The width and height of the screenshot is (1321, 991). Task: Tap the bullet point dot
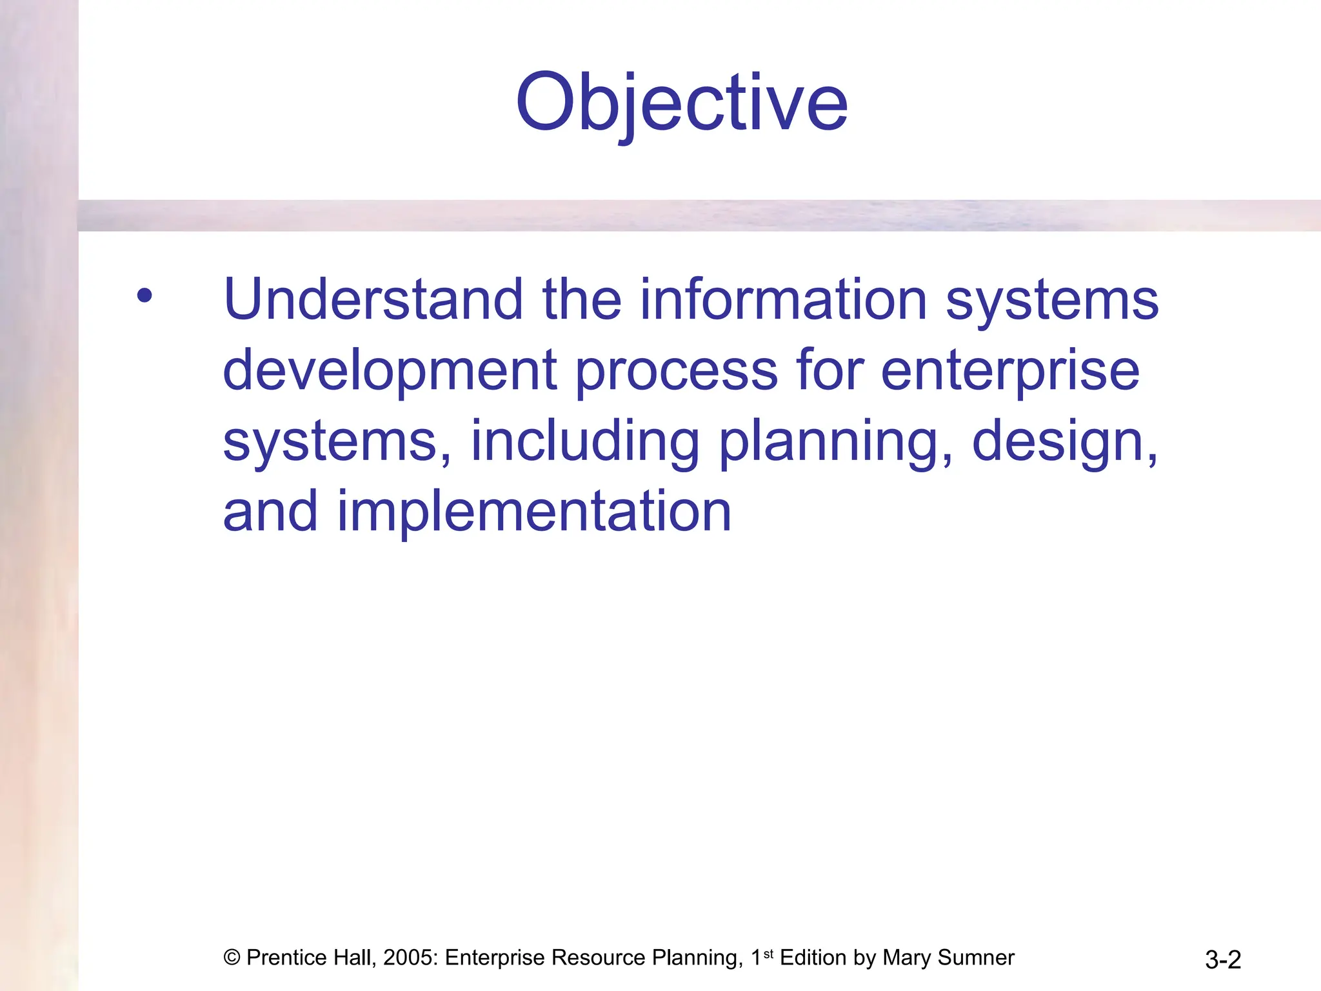click(144, 296)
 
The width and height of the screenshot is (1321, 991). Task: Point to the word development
click(390, 371)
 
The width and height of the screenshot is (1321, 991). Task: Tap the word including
click(584, 443)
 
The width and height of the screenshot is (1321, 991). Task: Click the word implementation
click(534, 512)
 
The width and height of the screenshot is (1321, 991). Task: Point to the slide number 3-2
click(1222, 959)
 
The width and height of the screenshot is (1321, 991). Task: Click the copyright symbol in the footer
click(232, 957)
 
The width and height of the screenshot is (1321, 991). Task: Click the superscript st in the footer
click(768, 953)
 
